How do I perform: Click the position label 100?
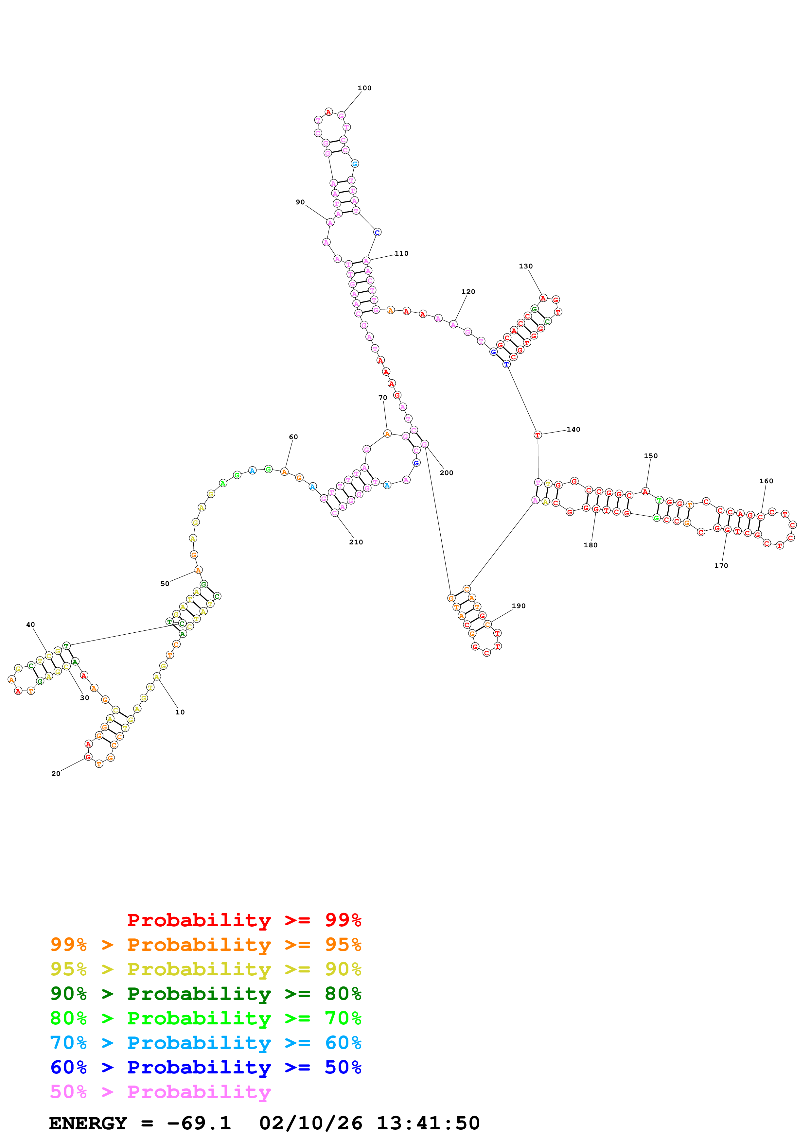pyautogui.click(x=364, y=88)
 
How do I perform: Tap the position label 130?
pyautogui.click(x=526, y=266)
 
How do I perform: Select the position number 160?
pyautogui.click(x=766, y=481)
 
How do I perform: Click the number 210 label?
pyautogui.click(x=356, y=542)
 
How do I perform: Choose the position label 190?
pyautogui.click(x=519, y=606)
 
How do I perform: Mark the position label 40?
pyautogui.click(x=30, y=625)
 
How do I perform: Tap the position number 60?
pyautogui.click(x=293, y=437)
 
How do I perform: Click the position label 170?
pyautogui.click(x=721, y=566)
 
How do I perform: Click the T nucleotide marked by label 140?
pyautogui.click(x=538, y=435)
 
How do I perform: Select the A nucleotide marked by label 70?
pyautogui.click(x=387, y=434)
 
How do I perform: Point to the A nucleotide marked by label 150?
pyautogui.click(x=645, y=491)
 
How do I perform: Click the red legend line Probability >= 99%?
pyautogui.click(x=244, y=920)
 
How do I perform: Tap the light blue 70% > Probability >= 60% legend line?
pyautogui.click(x=205, y=1043)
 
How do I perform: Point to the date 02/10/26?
pyautogui.click(x=310, y=1123)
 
